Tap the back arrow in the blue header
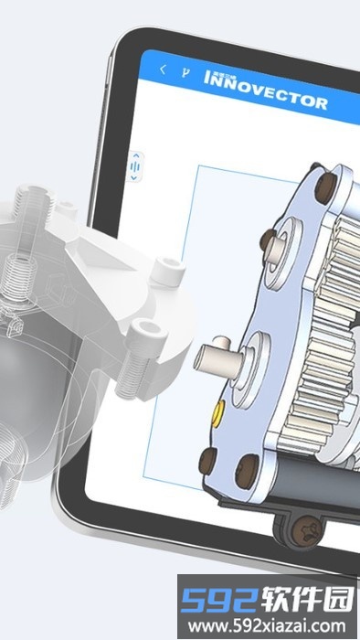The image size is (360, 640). pos(163,69)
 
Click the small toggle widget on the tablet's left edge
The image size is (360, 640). pos(136,167)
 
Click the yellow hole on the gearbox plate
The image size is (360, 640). pos(217,411)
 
